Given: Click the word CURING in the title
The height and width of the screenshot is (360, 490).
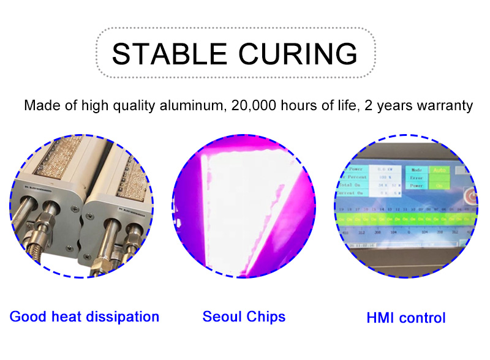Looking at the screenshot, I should pyautogui.click(x=298, y=54).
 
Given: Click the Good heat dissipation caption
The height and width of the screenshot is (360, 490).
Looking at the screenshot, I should pyautogui.click(x=85, y=317).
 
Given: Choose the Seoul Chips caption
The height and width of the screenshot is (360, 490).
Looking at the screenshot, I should pyautogui.click(x=244, y=317).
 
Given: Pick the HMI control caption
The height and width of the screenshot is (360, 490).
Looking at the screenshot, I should pyautogui.click(x=405, y=318).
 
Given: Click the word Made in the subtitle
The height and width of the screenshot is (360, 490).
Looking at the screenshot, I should pyautogui.click(x=39, y=105).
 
